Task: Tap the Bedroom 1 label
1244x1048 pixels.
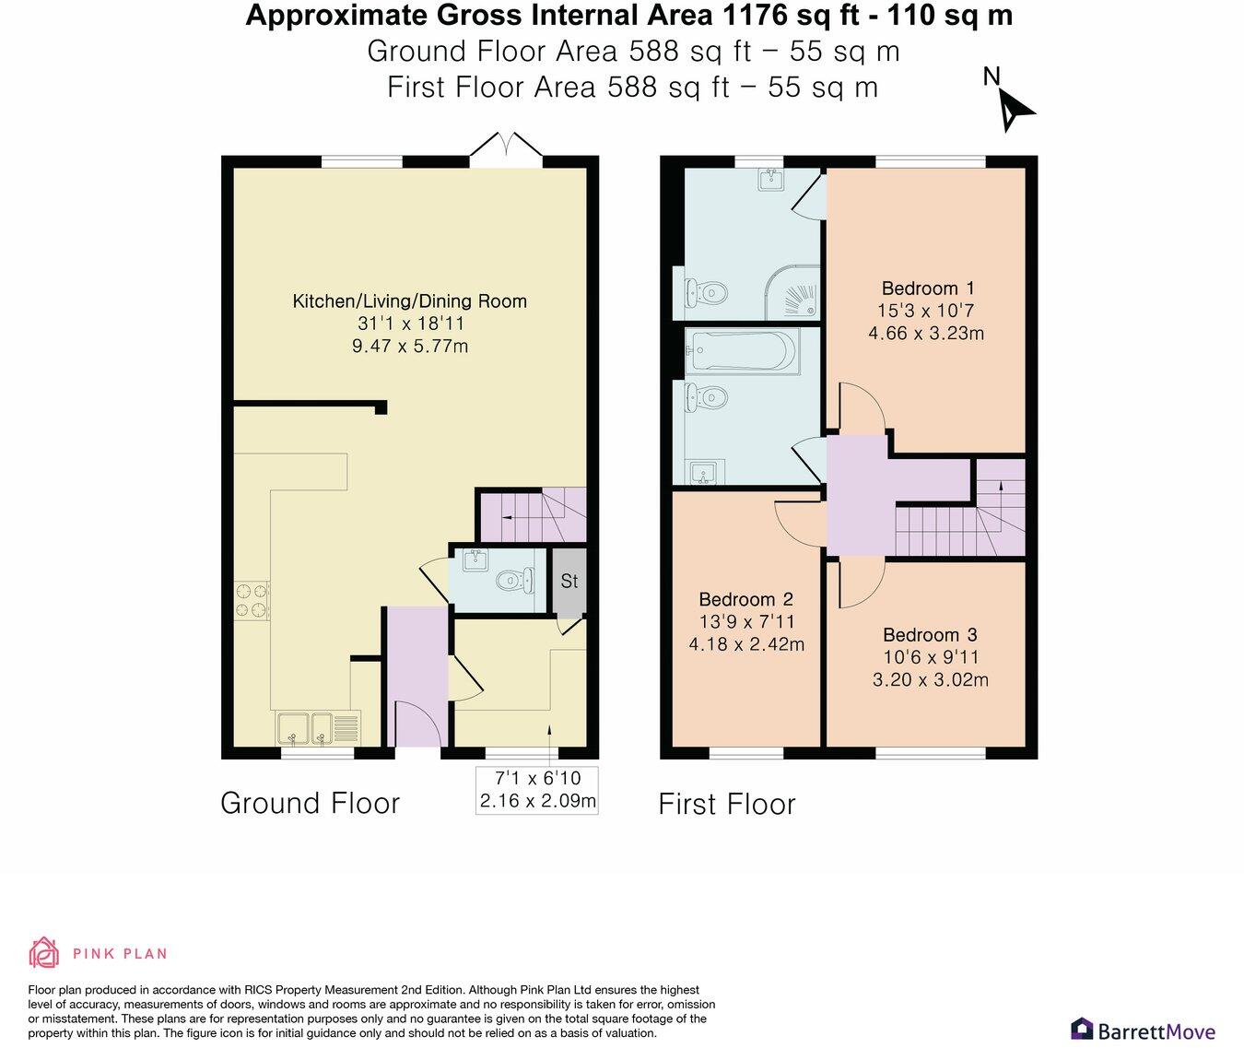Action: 927,288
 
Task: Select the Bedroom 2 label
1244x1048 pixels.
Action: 745,599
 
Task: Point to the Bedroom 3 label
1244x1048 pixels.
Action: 930,635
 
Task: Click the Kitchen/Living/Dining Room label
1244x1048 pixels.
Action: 409,301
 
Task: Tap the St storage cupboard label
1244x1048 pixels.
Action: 569,582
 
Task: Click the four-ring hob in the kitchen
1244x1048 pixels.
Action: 252,600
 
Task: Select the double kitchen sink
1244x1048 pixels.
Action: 305,728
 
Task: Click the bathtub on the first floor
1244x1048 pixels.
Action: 742,352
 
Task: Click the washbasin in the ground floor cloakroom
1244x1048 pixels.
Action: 475,560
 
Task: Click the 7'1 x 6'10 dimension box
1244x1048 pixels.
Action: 538,790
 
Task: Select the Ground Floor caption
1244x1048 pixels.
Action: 310,803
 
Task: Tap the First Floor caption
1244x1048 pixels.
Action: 726,804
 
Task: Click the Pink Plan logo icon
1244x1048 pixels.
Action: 43,952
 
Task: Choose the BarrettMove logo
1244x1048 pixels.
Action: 1143,1030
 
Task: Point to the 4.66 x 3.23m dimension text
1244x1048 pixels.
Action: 926,334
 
